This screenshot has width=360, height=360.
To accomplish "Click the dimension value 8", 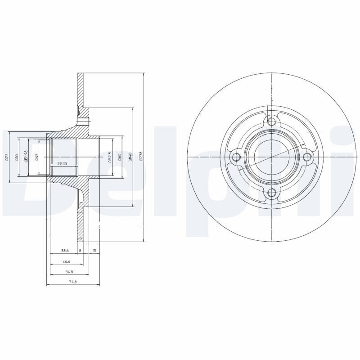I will [80, 250].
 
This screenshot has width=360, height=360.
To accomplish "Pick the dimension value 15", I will [94, 250].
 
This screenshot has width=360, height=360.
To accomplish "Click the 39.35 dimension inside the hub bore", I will [63, 164].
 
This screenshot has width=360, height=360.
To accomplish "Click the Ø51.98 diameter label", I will [27, 156].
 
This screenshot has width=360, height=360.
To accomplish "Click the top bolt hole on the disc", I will [271, 121].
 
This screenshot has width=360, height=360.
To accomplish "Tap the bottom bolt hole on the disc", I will [271, 193].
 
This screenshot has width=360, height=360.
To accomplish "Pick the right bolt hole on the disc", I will [308, 157].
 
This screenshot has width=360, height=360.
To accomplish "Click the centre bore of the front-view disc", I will [271, 157].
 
